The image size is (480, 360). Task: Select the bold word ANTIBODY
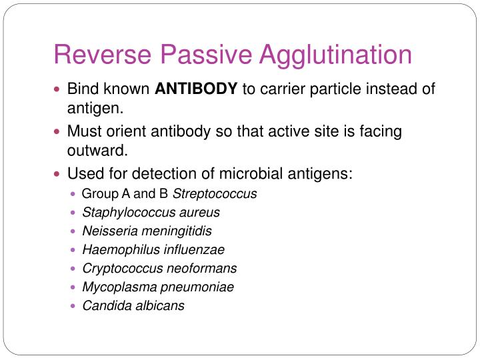pos(197,89)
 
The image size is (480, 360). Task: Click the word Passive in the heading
pos(203,55)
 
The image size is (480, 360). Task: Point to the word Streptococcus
pos(215,194)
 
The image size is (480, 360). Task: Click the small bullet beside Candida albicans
pos(73,307)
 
